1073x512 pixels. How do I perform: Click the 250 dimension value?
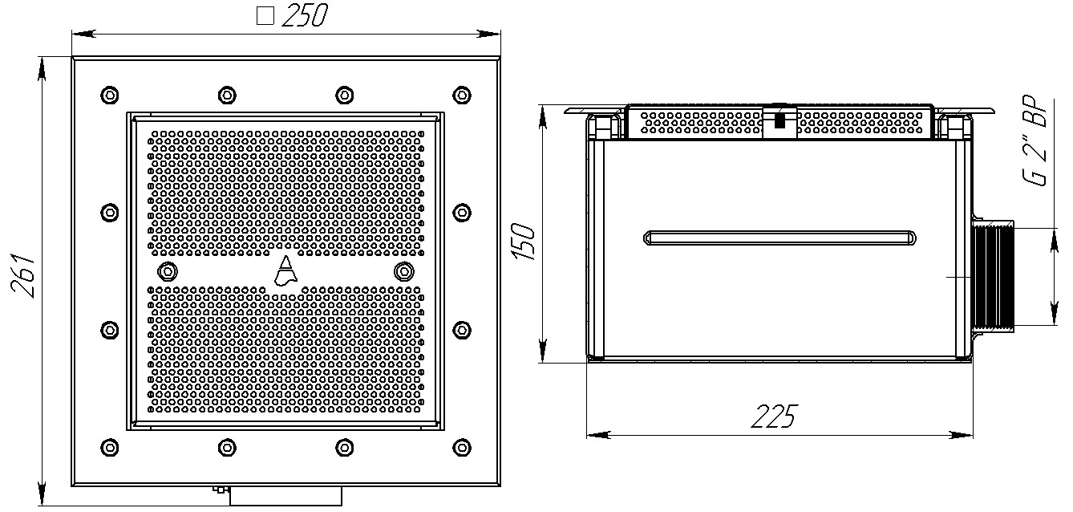[304, 15]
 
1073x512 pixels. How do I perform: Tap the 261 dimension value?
[23, 278]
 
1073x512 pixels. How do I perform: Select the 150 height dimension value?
[523, 242]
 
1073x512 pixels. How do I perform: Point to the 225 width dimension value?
[774, 417]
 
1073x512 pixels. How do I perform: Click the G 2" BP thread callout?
[1035, 140]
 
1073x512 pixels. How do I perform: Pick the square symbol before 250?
[265, 16]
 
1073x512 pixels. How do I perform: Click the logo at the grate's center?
[285, 270]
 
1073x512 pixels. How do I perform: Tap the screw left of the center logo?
[167, 272]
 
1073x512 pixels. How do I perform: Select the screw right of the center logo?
[404, 272]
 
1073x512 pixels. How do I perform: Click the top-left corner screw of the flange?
[110, 95]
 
